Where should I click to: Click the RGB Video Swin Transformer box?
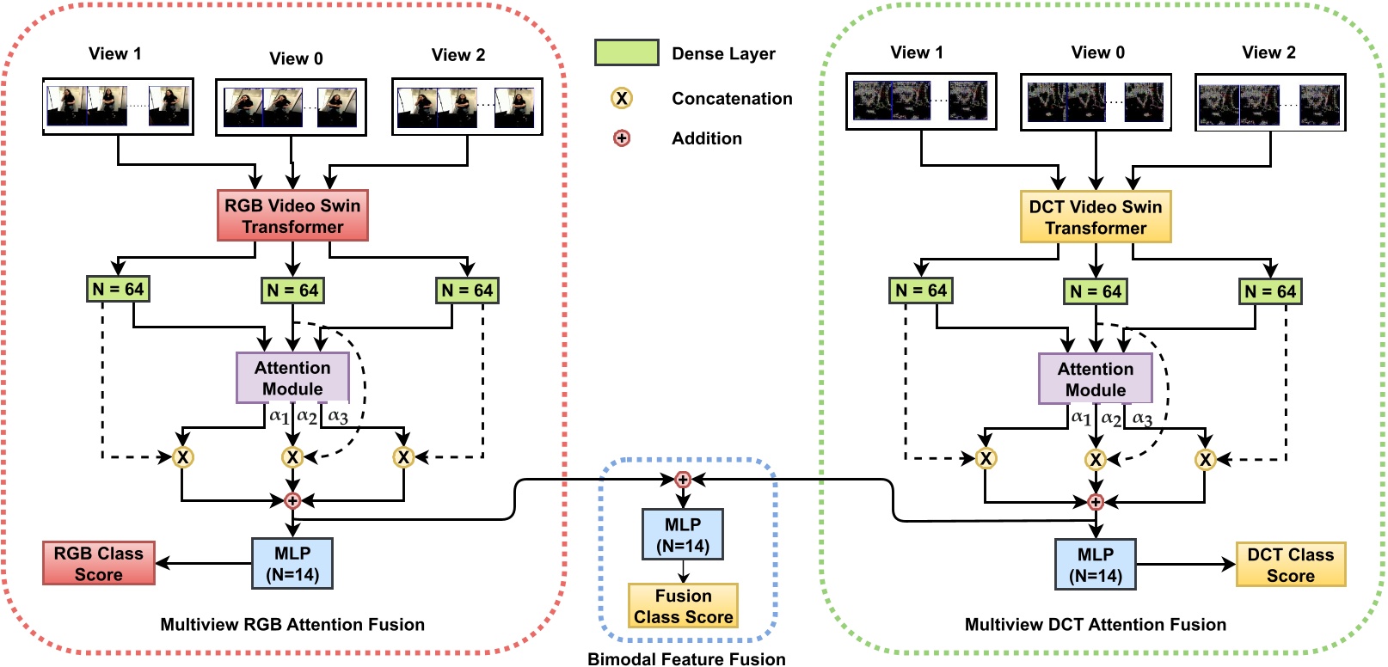coord(292,216)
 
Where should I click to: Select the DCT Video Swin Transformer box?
coord(1095,217)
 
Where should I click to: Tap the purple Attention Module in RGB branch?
coord(292,378)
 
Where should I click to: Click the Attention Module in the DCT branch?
coord(1095,379)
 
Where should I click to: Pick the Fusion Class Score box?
coord(683,606)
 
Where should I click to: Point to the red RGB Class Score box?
coord(99,564)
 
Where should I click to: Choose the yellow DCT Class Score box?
coord(1290,565)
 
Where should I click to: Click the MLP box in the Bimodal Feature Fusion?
coord(683,535)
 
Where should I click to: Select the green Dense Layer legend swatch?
coord(626,52)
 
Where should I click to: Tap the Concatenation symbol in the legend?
coord(621,98)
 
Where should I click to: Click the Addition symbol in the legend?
coord(621,138)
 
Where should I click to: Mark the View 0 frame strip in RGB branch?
coord(291,107)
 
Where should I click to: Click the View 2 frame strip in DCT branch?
coord(1270,103)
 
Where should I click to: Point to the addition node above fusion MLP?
coord(683,480)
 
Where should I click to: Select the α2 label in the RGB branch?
coord(307,416)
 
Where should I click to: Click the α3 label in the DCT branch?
coord(1142,418)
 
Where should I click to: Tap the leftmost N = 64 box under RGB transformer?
coord(118,289)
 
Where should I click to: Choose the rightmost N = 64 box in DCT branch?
coord(1270,291)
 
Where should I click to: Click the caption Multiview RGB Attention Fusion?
coord(292,625)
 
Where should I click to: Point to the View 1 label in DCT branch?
coord(917,52)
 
